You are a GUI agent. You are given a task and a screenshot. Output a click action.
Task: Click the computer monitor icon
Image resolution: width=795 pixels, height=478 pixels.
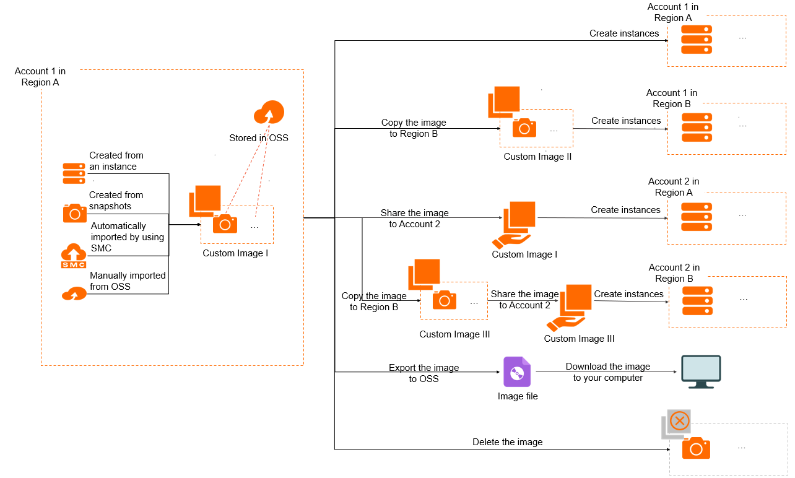click(701, 372)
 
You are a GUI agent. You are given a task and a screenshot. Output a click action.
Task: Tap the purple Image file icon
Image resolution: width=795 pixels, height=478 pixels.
click(517, 372)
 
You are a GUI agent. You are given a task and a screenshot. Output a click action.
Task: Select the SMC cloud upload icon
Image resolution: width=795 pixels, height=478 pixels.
click(73, 256)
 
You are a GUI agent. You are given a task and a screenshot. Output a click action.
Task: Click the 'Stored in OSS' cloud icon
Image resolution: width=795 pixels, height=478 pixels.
click(269, 113)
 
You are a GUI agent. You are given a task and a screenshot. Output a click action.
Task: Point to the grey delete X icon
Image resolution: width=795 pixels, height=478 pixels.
click(679, 422)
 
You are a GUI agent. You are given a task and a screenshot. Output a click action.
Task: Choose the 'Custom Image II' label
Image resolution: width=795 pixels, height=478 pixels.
click(537, 157)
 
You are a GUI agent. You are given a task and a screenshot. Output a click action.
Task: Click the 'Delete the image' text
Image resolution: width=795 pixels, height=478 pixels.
click(507, 442)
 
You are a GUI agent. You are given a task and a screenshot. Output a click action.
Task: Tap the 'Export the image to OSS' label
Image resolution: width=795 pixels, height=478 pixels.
click(424, 373)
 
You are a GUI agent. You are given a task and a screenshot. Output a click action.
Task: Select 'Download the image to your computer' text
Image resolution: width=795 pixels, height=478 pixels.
click(607, 372)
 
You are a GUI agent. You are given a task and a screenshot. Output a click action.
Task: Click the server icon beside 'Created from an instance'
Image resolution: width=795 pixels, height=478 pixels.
click(74, 173)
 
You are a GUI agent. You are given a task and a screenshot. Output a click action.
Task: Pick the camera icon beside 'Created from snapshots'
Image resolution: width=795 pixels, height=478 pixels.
click(74, 213)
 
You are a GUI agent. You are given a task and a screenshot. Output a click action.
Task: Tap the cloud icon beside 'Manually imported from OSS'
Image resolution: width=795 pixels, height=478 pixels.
click(74, 293)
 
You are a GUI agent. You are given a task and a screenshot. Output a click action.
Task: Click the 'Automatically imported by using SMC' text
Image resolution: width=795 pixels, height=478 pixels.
click(127, 237)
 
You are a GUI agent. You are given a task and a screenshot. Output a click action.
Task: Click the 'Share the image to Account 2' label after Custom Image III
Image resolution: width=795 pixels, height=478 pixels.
click(524, 300)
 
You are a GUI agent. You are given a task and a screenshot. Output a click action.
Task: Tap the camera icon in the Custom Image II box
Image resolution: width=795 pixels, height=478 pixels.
click(524, 128)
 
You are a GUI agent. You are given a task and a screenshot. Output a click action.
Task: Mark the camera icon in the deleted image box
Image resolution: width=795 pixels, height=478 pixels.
click(696, 448)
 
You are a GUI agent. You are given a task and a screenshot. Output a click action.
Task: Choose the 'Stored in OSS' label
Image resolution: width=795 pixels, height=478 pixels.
click(259, 138)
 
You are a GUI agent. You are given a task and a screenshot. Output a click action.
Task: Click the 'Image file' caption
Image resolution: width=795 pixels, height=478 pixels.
click(518, 396)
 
